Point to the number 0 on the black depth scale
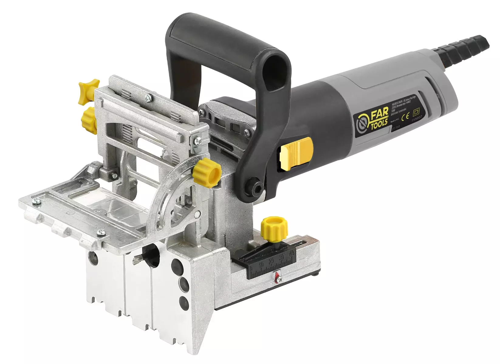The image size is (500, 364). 251,268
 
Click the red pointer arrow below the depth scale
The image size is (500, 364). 277,276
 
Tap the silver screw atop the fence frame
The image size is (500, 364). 148,97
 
